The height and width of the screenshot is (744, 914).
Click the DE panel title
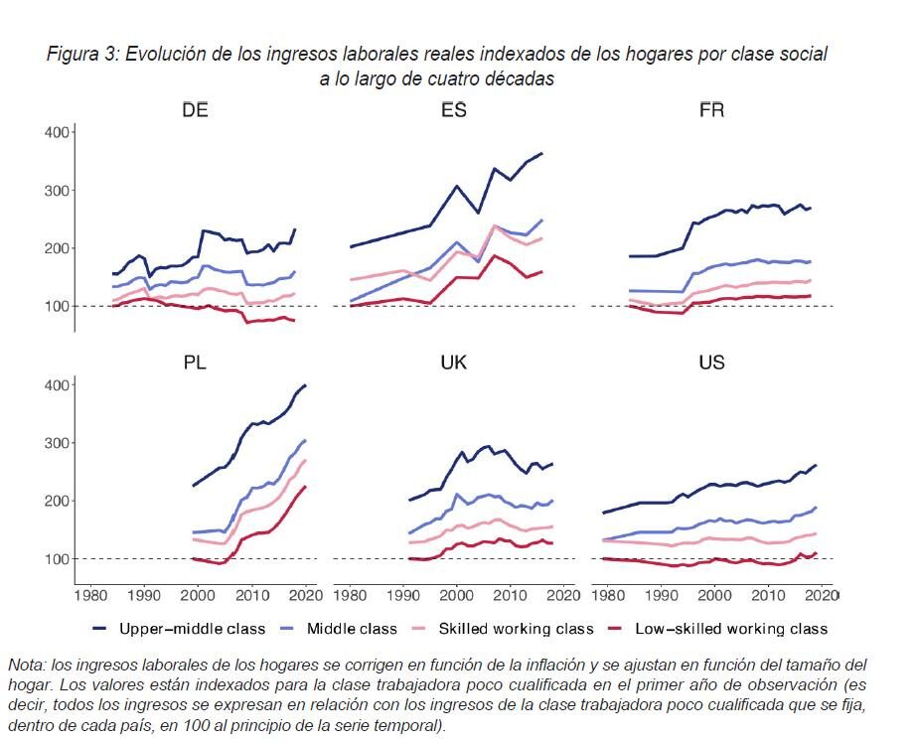click(195, 110)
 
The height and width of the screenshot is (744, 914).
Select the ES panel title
click(454, 110)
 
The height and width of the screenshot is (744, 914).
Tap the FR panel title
click(711, 110)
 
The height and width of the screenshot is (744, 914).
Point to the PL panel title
click(195, 364)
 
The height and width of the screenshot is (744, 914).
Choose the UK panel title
click(454, 364)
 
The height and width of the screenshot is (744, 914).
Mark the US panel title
click(711, 364)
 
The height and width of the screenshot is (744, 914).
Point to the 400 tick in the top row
click(54, 132)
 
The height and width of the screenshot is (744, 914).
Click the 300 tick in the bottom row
click(54, 443)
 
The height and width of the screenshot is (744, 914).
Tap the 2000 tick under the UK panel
click(456, 597)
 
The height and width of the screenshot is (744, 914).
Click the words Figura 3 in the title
click(81, 55)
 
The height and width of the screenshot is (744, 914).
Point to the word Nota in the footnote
click(27, 665)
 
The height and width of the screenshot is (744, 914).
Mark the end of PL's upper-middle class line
click(306, 384)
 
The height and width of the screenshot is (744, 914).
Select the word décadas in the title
click(519, 79)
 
